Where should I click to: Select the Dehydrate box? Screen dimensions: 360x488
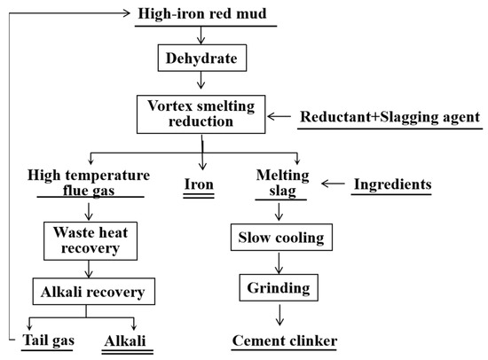tap(204, 60)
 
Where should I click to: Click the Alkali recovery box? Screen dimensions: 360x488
tap(86, 290)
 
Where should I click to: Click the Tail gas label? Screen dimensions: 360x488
tap(50, 340)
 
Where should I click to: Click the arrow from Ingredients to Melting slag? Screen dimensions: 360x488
tap(332, 184)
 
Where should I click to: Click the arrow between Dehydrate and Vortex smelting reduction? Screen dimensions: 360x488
tap(204, 84)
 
